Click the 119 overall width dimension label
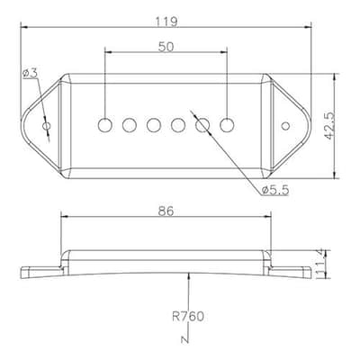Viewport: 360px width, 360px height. (166, 22)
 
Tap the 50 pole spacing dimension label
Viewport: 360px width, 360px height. (166, 47)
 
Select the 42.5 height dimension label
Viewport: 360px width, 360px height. (329, 126)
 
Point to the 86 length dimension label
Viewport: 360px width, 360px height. (166, 211)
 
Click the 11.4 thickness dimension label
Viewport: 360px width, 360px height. (322, 263)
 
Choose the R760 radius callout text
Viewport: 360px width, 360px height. (188, 317)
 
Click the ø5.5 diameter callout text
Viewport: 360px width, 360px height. (275, 190)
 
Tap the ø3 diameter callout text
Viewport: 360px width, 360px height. (30, 73)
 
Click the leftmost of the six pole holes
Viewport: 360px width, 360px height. (105, 125)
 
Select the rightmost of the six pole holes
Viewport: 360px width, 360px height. (227, 125)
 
